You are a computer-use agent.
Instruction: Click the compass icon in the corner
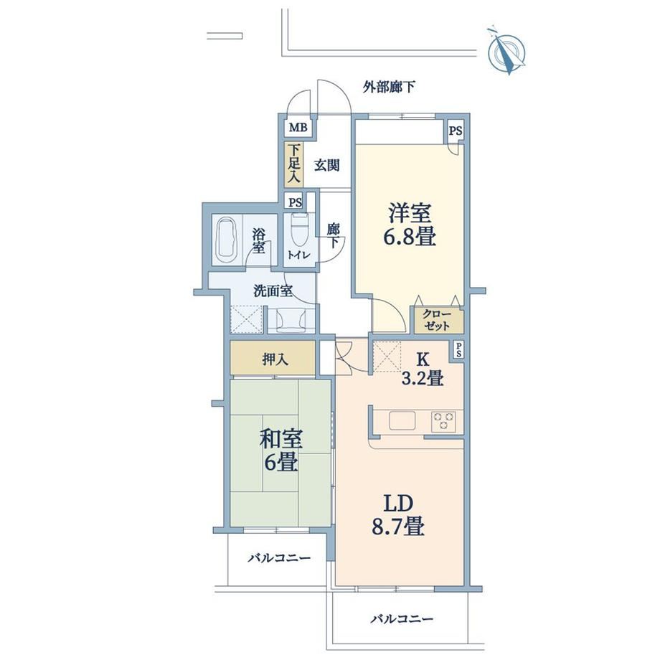507,51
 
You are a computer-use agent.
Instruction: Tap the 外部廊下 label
389,88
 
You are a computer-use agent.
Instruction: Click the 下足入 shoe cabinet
294,164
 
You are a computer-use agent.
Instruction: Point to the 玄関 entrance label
326,165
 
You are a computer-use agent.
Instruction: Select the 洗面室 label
273,291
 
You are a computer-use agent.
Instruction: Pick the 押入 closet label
273,359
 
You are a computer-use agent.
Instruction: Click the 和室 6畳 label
280,449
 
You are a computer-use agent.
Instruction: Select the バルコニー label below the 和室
280,558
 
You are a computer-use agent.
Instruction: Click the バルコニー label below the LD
402,618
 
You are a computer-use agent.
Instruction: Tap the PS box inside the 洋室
455,131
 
